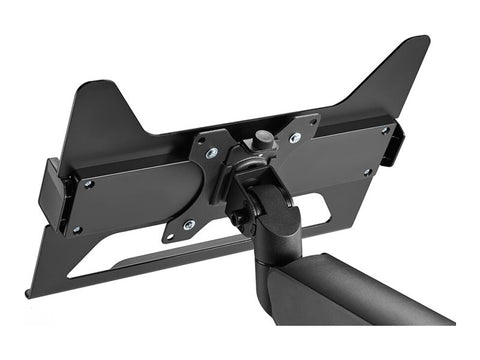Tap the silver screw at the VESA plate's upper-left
coord(211,153)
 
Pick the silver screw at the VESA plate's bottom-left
coord(189,224)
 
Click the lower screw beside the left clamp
coord(77,229)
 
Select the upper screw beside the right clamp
coord(385,129)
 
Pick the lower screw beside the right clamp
coord(368,172)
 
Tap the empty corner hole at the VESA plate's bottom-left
coord(169,236)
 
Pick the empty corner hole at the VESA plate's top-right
coord(313,121)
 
